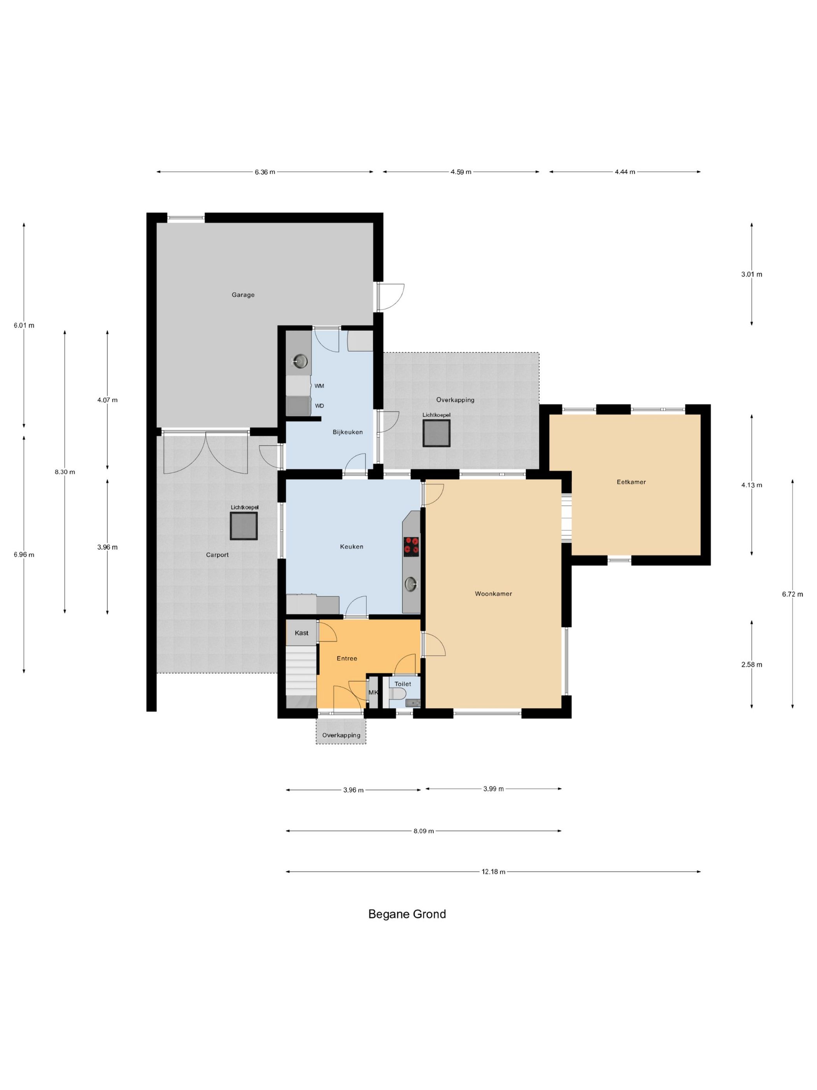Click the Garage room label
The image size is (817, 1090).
pyautogui.click(x=243, y=295)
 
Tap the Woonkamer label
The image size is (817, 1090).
pyautogui.click(x=493, y=594)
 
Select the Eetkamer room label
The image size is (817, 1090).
pyautogui.click(x=631, y=482)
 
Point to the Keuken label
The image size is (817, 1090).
pyautogui.click(x=352, y=547)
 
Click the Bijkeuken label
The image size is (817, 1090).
pyautogui.click(x=348, y=432)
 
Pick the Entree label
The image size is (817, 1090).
pyautogui.click(x=347, y=658)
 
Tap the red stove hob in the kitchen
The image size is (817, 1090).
pyautogui.click(x=412, y=546)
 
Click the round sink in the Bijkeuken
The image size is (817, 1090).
pyautogui.click(x=300, y=361)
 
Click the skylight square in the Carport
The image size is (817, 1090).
pyautogui.click(x=244, y=526)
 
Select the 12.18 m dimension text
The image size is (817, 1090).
pyautogui.click(x=493, y=872)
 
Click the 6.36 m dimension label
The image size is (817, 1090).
pyautogui.click(x=265, y=172)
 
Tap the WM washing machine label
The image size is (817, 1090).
pyautogui.click(x=319, y=386)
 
